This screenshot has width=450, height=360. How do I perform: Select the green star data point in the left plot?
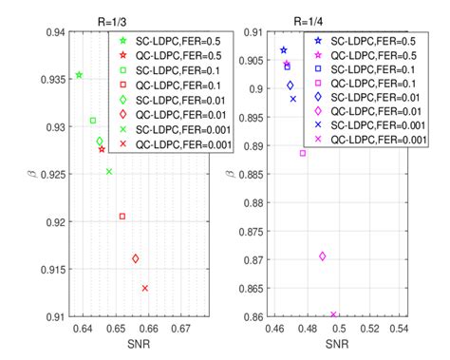pyautogui.click(x=79, y=75)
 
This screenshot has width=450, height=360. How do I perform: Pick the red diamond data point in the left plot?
pyautogui.click(x=136, y=258)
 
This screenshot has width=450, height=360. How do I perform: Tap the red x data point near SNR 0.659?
pyautogui.click(x=145, y=288)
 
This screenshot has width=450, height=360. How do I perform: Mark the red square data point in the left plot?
pyautogui.click(x=122, y=217)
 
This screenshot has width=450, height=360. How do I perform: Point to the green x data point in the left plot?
pyautogui.click(x=109, y=172)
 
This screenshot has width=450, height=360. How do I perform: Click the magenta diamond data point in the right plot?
pyautogui.click(x=323, y=256)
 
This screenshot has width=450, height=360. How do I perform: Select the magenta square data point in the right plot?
pyautogui.click(x=303, y=153)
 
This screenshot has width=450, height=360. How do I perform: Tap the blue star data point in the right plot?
pyautogui.click(x=283, y=50)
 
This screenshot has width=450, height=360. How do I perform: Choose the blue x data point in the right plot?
pyautogui.click(x=293, y=99)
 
